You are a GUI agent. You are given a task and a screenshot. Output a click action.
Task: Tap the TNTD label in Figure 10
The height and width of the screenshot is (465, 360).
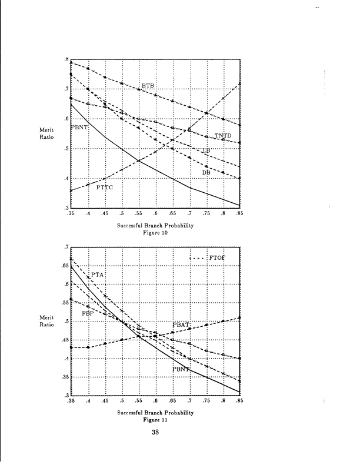pyautogui.click(x=223, y=136)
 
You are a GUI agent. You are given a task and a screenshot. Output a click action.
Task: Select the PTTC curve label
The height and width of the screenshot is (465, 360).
pyautogui.click(x=105, y=187)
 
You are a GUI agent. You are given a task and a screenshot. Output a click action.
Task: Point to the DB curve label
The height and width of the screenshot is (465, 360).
pyautogui.click(x=206, y=172)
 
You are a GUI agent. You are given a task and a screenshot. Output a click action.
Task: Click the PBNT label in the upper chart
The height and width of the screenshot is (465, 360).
pyautogui.click(x=79, y=127)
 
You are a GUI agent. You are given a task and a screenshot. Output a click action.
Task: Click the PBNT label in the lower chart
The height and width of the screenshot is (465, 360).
pyautogui.click(x=182, y=369)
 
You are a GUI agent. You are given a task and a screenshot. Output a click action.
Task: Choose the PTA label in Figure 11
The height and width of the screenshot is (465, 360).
pyautogui.click(x=97, y=275)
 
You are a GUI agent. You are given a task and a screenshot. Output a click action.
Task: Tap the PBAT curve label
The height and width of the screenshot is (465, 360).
pyautogui.click(x=181, y=325)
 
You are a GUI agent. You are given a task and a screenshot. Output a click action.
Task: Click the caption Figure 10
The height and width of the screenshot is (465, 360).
pyautogui.click(x=156, y=233)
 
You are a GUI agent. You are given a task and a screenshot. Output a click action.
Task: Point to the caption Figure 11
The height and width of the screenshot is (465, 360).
pyautogui.click(x=155, y=420)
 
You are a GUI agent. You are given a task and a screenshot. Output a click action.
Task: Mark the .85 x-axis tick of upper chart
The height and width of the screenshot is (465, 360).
pyautogui.click(x=239, y=215)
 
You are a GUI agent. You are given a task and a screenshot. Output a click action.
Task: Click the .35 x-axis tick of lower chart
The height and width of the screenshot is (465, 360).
pyautogui.click(x=72, y=402)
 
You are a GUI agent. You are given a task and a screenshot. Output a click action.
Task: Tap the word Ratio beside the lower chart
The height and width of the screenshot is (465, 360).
pyautogui.click(x=46, y=324)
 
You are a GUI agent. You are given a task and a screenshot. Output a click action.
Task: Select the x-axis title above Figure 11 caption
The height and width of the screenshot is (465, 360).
pyautogui.click(x=155, y=412)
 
